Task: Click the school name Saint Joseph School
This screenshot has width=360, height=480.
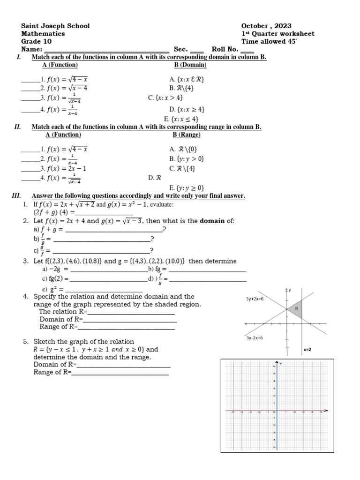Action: click(x=55, y=26)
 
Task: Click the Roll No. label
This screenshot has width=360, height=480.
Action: click(x=225, y=49)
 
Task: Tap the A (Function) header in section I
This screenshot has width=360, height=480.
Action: click(x=60, y=65)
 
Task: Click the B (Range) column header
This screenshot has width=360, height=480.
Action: click(x=186, y=135)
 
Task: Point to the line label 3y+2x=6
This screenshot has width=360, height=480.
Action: click(x=255, y=299)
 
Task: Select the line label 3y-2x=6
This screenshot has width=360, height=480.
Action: click(x=254, y=337)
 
